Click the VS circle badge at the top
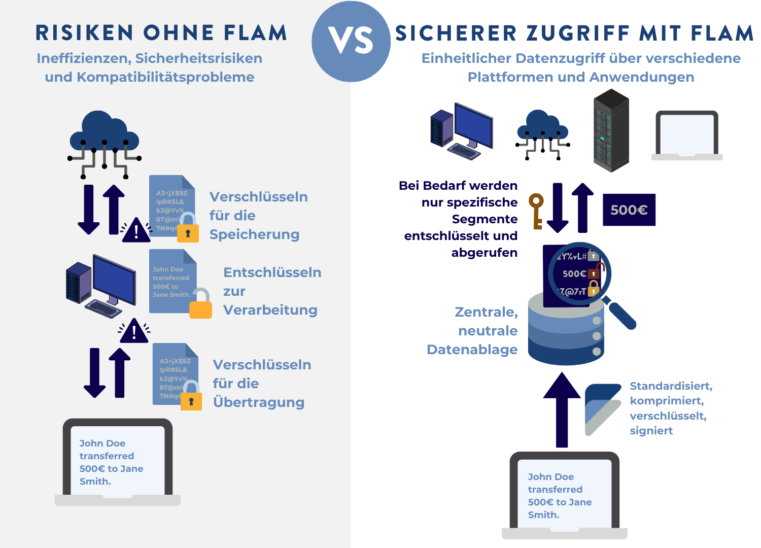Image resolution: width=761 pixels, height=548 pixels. click(351, 42)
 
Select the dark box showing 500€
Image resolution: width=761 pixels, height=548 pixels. click(629, 210)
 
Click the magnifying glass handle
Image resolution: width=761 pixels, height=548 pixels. click(622, 315)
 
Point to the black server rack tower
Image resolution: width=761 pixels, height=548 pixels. click(611, 131)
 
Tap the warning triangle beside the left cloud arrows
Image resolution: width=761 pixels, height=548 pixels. click(136, 231)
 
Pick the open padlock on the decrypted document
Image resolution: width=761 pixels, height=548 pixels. click(200, 304)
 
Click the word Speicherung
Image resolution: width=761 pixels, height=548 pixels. click(254, 234)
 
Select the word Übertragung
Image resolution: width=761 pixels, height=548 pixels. click(259, 402)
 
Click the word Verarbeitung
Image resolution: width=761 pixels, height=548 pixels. click(270, 310)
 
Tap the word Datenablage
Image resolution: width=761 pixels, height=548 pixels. click(472, 350)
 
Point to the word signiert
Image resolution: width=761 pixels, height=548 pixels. click(651, 431)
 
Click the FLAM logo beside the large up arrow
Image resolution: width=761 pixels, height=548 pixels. click(603, 409)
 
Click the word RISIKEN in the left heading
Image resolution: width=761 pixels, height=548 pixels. click(84, 33)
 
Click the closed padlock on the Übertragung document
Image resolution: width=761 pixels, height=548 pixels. click(191, 399)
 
